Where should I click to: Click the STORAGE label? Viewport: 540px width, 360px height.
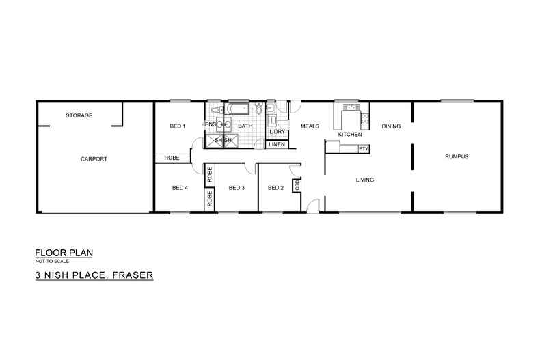point(79,115)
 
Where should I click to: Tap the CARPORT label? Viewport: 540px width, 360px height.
point(94,158)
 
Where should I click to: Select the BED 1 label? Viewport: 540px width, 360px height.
point(178,126)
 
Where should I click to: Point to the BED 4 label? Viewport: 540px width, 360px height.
point(180,188)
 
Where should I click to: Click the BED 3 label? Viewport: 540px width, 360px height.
point(237,188)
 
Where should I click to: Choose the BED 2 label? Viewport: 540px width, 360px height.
point(275,188)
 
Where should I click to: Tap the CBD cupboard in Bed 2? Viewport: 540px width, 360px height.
point(297,186)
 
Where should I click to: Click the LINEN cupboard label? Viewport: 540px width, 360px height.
point(276,145)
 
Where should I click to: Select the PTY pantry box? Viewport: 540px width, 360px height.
point(363,148)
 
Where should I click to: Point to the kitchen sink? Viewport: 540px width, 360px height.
point(351,107)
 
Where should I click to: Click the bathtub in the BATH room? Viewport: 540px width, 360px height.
point(239,109)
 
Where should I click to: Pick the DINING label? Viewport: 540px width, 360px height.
point(391,126)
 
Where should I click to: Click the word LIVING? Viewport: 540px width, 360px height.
point(365,180)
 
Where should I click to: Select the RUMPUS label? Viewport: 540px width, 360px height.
point(456,156)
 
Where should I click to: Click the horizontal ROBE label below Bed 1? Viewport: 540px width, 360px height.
point(171,158)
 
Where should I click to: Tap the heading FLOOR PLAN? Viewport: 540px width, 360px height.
point(64,253)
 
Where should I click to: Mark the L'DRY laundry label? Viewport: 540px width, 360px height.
point(277,132)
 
